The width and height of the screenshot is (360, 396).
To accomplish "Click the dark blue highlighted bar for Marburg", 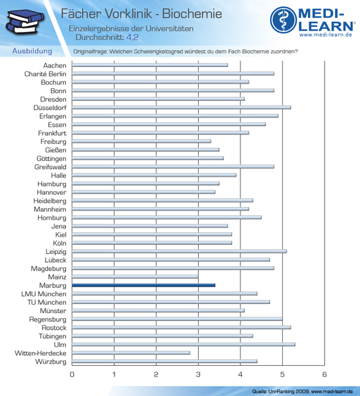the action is [x=143, y=285].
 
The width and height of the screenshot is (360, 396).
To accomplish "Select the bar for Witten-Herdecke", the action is [x=131, y=353].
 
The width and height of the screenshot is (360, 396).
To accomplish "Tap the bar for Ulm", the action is [x=183, y=345].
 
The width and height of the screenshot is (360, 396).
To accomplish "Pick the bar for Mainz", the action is [x=135, y=277].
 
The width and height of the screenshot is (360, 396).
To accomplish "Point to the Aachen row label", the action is [x=55, y=66].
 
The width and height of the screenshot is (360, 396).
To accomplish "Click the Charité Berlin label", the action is [x=45, y=74].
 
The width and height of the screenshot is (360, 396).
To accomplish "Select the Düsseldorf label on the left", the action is [x=50, y=108].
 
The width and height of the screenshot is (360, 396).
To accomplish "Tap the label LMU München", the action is [x=44, y=294].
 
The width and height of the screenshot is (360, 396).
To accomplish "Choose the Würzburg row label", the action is [x=51, y=362].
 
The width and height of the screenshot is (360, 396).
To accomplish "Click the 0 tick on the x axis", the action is [x=72, y=374].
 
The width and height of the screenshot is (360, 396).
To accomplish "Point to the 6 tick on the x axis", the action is [x=325, y=374].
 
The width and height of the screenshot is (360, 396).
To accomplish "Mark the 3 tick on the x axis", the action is [x=198, y=374].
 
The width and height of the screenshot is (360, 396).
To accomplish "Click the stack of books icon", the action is [x=24, y=22].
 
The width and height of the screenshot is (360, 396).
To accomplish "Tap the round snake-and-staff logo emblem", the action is [x=283, y=20].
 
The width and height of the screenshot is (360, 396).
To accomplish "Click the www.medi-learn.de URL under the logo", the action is [x=326, y=35].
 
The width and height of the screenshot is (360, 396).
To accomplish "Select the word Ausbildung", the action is [x=32, y=51].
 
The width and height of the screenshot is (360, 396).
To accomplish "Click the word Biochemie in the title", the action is [x=192, y=14].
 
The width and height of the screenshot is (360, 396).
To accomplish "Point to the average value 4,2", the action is [x=132, y=37].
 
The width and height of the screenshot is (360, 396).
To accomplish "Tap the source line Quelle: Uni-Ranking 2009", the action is [x=280, y=392].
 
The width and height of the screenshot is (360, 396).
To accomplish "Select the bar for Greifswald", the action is [x=173, y=166].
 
